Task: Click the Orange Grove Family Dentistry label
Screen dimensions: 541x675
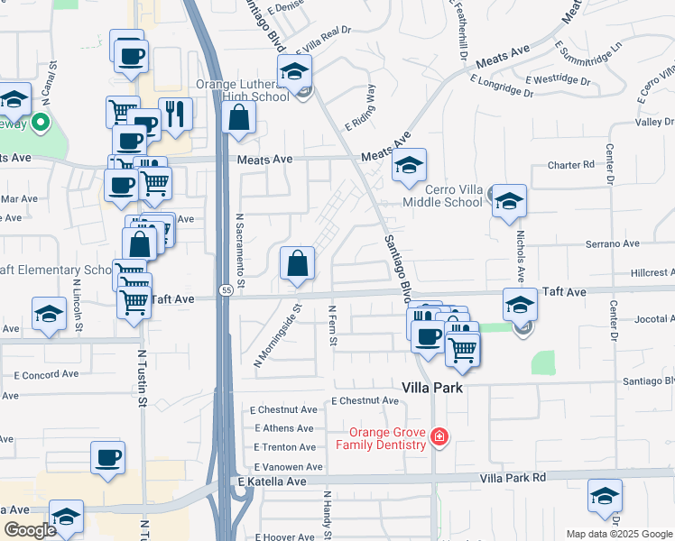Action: tap(381, 438)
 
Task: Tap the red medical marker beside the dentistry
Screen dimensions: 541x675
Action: tap(439, 437)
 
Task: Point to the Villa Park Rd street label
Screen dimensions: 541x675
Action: tap(513, 477)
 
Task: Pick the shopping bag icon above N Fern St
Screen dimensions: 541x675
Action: tap(298, 264)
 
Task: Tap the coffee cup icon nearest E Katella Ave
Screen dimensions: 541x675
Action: tap(108, 457)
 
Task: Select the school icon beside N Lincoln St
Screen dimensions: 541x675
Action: tap(49, 315)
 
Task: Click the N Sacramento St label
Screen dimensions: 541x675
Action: tap(241, 245)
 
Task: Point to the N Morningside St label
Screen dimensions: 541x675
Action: tap(277, 335)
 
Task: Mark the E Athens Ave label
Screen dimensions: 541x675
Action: tap(284, 428)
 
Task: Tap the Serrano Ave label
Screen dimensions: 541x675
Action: tap(613, 243)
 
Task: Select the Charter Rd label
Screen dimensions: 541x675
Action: tap(572, 165)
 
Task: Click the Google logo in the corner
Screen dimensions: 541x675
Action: tap(31, 530)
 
